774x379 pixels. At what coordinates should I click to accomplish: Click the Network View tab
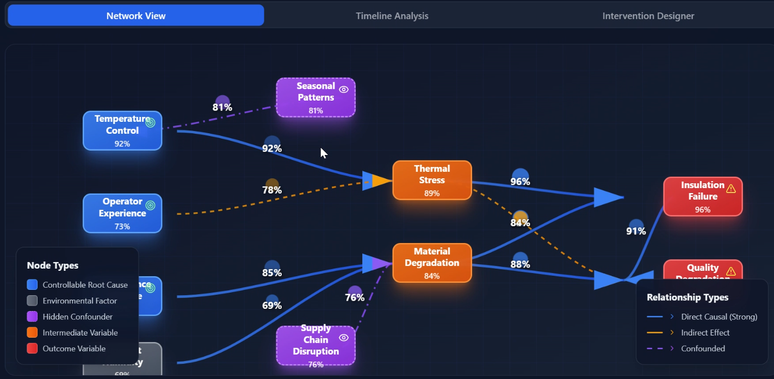point(136,16)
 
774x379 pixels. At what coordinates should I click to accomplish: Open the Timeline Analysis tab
point(392,16)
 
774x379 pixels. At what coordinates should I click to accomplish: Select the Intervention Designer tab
point(648,16)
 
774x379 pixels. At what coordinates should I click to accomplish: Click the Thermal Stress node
point(432,180)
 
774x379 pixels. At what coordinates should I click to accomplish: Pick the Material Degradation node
point(432,263)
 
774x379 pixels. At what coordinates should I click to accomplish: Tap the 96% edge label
point(521,182)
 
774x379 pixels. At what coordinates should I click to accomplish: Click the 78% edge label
point(272,190)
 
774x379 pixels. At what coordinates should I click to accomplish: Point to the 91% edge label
point(636,231)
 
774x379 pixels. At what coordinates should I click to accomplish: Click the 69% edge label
point(272,306)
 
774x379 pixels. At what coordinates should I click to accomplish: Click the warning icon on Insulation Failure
point(731,189)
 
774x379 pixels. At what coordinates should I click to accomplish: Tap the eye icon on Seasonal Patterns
point(344,90)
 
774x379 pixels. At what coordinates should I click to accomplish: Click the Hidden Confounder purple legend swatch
point(32,316)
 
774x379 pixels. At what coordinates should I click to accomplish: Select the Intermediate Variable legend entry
point(80,333)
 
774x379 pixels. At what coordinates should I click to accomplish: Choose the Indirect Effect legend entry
point(705,333)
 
